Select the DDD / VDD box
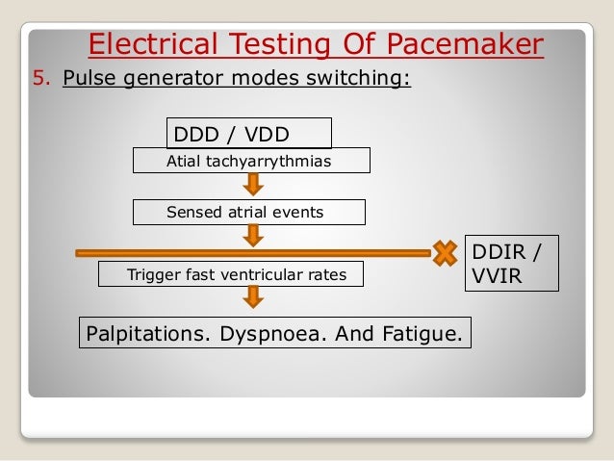249,133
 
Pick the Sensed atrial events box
249,212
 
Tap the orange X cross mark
444,253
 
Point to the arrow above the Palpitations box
252,297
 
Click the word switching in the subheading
359,78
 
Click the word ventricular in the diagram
269,276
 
